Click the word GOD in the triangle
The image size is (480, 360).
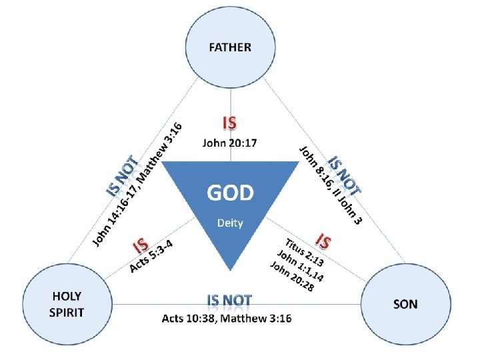(x=229, y=193)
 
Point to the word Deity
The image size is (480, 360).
(x=229, y=223)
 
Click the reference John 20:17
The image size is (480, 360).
(x=229, y=142)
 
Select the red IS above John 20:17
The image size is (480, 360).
(x=229, y=124)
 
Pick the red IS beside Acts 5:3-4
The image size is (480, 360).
(x=141, y=245)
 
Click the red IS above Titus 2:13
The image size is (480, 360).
(x=324, y=239)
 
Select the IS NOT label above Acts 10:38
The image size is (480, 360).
(x=229, y=301)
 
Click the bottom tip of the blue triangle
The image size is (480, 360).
(x=230, y=269)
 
